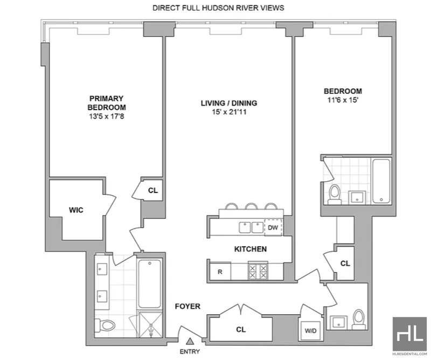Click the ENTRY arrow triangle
pos(190,341)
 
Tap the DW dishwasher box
pos(273,227)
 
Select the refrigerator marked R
pos(220,272)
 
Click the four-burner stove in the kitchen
pos(258,271)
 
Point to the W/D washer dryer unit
pos(311,330)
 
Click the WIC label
pos(76,210)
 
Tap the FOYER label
pos(187,306)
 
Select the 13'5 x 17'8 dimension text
pos(106,116)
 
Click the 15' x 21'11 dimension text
pos(229,112)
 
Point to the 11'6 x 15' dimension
pos(343,100)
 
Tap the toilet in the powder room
pos(358,319)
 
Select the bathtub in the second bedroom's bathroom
pos(381,181)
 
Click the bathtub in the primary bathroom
pos(150,284)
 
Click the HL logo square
pos(409,334)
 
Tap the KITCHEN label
pos(251,249)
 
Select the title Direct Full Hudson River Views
pos(218,8)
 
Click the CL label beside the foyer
pos(241,329)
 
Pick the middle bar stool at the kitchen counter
pos(251,206)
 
